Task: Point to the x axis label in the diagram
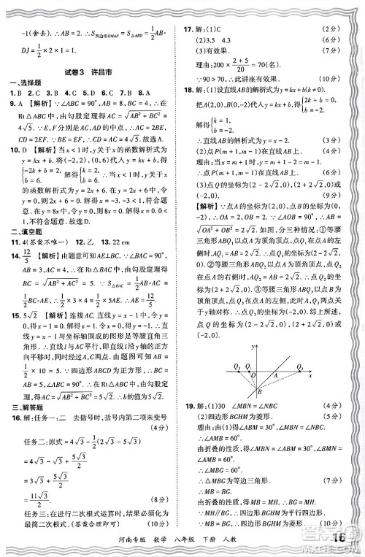[311, 376]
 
